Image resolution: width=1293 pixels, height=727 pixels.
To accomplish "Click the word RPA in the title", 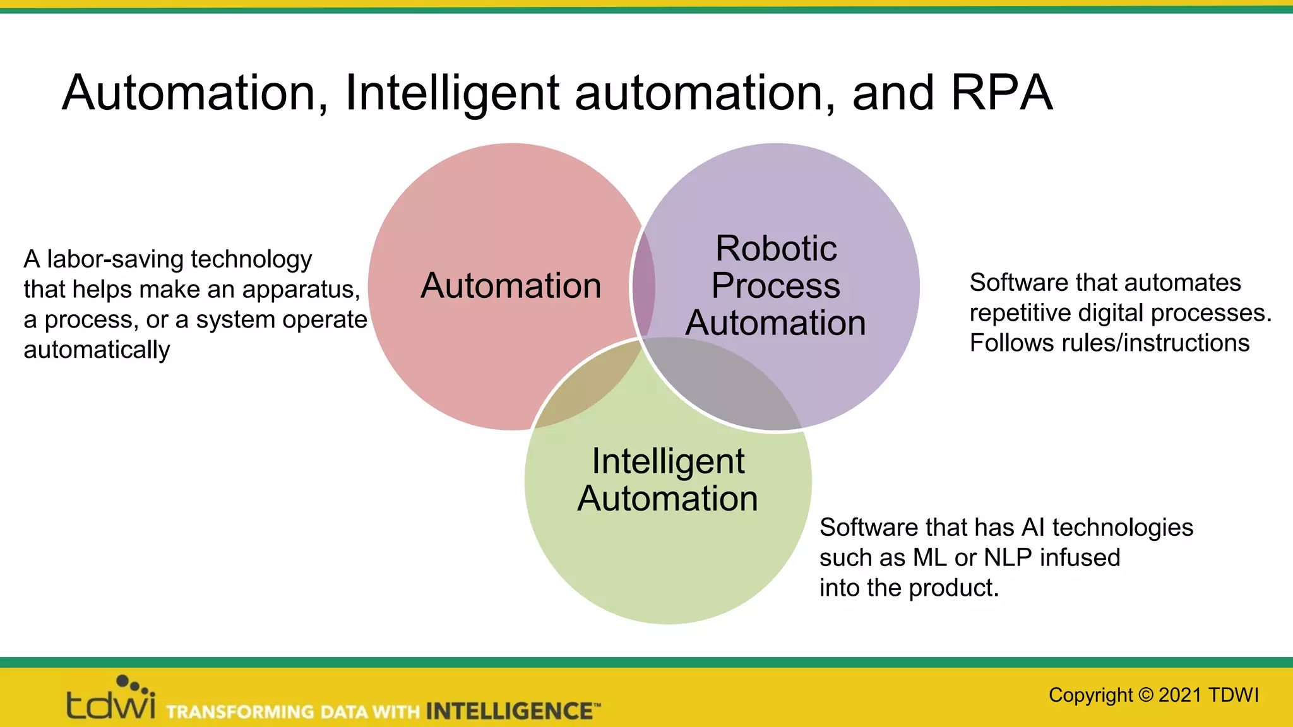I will pyautogui.click(x=1001, y=93).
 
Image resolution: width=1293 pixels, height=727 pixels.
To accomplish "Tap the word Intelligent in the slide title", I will pyautogui.click(x=452, y=93).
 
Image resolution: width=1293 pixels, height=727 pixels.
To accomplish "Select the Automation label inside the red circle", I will pyautogui.click(x=511, y=286).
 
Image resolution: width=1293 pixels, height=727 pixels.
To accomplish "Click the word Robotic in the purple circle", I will pyautogui.click(x=776, y=248).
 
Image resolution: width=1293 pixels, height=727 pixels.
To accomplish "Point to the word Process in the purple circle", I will pyautogui.click(x=776, y=286).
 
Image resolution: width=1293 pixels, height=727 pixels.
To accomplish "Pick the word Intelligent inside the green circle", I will pyautogui.click(x=668, y=461).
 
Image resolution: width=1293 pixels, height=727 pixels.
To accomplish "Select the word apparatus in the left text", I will pyautogui.click(x=301, y=290).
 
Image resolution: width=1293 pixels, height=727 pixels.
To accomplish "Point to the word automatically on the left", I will pyautogui.click(x=97, y=350).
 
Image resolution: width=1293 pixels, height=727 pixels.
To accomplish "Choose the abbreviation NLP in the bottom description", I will pyautogui.click(x=1008, y=558).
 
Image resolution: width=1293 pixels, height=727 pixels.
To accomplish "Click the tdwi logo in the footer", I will pyautogui.click(x=110, y=699).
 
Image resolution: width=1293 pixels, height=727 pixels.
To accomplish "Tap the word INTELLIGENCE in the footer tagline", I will pyautogui.click(x=509, y=711).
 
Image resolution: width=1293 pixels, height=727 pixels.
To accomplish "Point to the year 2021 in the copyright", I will pyautogui.click(x=1179, y=695).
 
